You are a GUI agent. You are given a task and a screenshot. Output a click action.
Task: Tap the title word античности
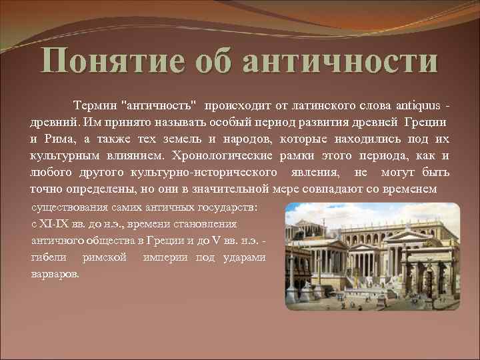tap(340, 62)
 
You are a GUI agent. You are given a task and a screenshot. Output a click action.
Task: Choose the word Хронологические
tap(221, 156)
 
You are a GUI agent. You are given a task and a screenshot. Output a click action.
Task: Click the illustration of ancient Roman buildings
tap(371, 257)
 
